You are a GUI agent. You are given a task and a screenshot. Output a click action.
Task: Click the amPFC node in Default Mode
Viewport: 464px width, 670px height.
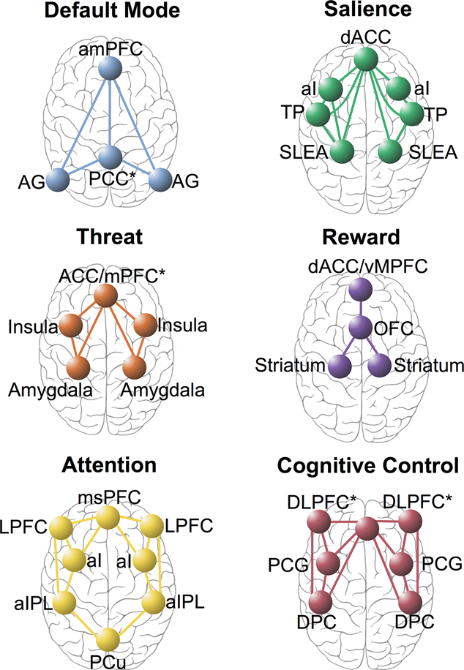pos(110,70)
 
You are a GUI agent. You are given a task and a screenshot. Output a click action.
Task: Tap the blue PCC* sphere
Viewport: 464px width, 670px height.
pos(111,157)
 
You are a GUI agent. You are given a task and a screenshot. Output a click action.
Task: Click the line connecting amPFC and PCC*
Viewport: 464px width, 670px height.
pos(110,113)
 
